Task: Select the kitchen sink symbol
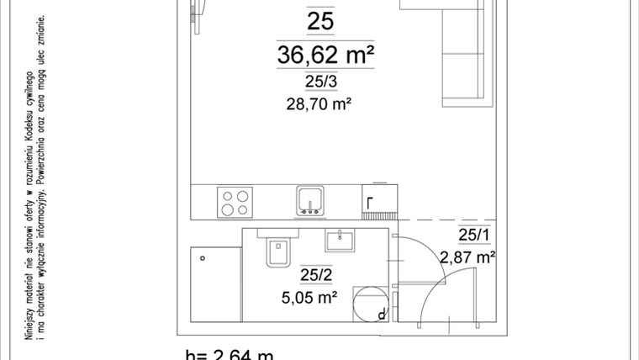309,201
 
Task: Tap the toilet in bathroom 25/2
277,251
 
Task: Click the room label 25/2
314,274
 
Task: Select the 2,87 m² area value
467,257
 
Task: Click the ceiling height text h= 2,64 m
229,354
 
